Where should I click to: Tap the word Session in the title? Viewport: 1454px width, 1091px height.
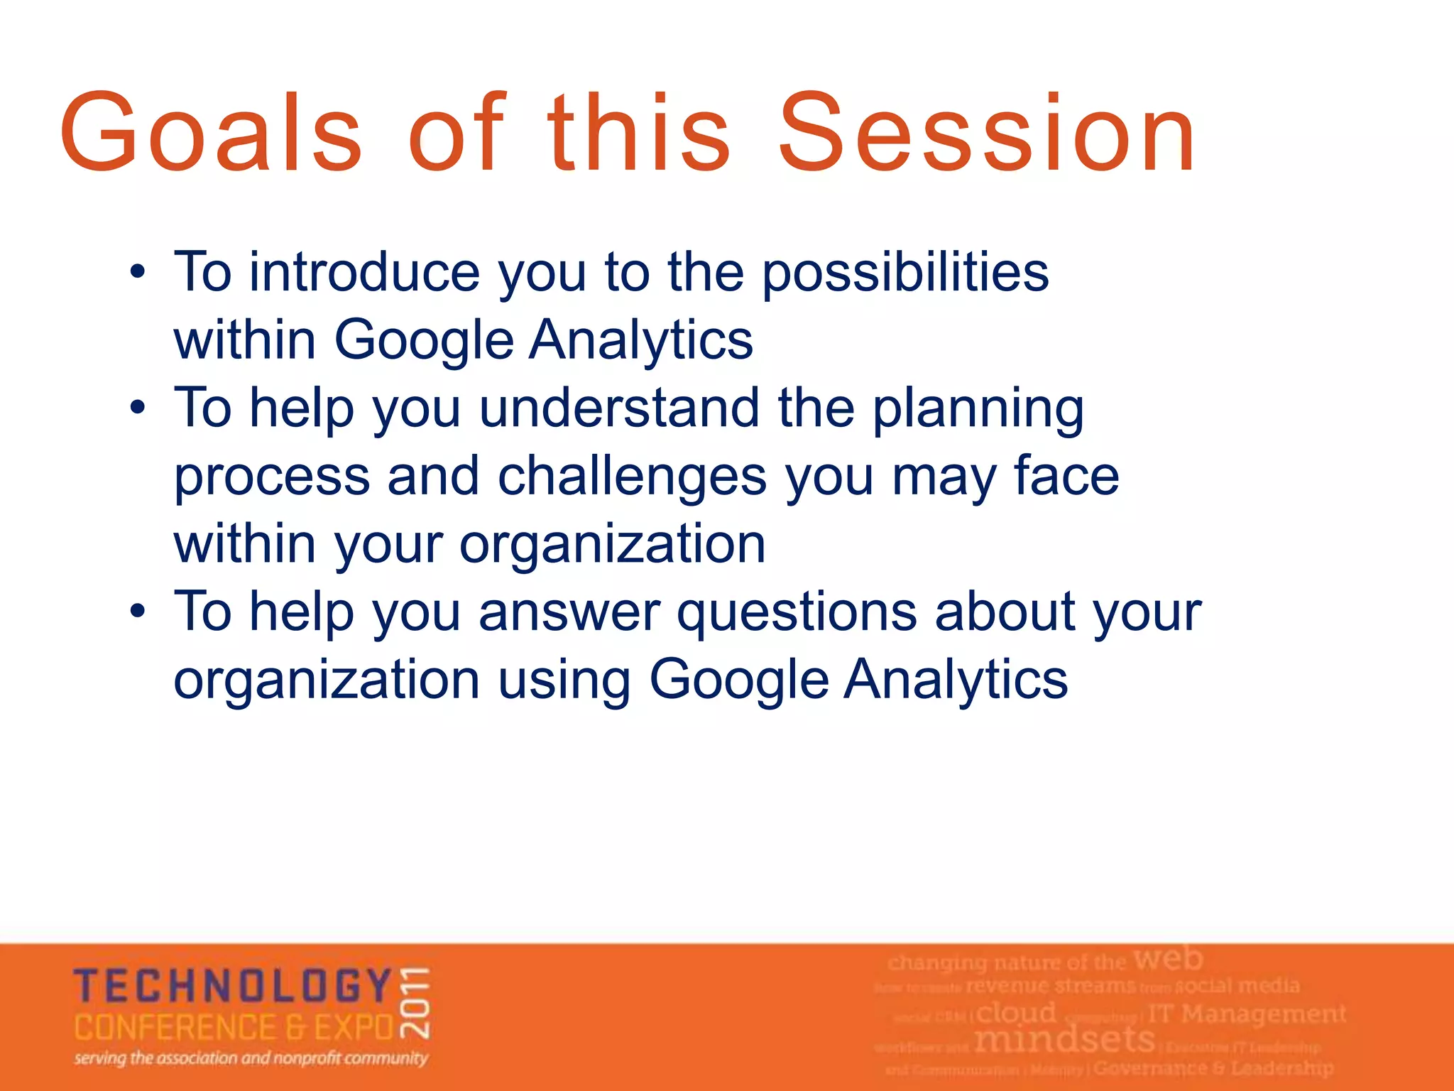tap(987, 134)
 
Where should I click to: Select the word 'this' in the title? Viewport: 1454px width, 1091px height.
tap(638, 134)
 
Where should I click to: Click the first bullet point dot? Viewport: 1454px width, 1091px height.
tap(138, 272)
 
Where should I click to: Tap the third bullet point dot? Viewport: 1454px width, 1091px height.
tap(138, 611)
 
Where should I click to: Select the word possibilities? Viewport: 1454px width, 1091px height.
tap(905, 273)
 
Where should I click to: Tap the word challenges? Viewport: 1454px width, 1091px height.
tap(632, 477)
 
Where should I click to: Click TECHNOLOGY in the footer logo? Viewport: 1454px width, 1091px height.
tap(233, 987)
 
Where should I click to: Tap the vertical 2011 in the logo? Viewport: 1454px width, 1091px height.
tap(416, 1002)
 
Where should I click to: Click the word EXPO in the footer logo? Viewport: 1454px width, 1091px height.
tap(354, 1028)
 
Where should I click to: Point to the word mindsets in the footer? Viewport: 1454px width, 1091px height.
tap(1064, 1041)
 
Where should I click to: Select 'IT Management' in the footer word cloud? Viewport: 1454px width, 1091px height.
tap(1246, 1014)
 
